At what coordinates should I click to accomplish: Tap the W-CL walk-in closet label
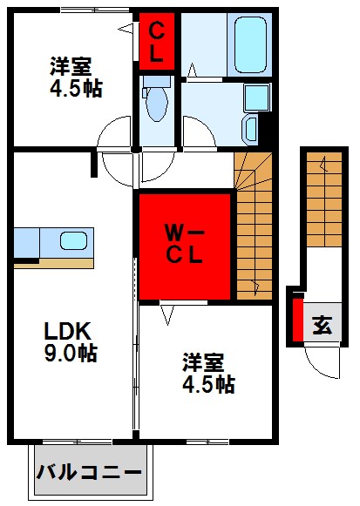point(186,245)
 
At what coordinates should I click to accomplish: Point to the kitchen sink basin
point(71,240)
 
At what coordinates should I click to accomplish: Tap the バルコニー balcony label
point(89,475)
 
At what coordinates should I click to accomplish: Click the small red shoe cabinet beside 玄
point(297,320)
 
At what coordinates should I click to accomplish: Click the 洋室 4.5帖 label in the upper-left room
point(73,77)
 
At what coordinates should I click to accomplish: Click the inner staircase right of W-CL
point(253,225)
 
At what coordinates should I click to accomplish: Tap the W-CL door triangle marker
point(166,309)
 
